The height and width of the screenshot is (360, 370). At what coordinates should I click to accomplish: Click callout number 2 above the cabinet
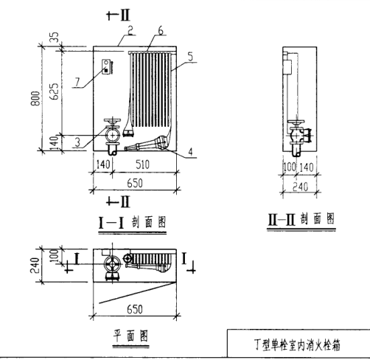click(x=130, y=30)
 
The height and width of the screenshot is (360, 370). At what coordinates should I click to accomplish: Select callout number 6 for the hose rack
click(x=161, y=30)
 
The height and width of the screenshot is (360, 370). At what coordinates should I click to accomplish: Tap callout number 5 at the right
click(x=190, y=57)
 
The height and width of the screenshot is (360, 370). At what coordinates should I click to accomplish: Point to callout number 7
click(x=77, y=82)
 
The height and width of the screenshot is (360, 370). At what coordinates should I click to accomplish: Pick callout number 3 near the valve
click(x=77, y=142)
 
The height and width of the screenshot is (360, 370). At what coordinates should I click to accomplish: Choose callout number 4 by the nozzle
click(x=190, y=152)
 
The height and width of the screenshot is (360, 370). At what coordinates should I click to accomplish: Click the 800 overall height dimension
click(x=35, y=98)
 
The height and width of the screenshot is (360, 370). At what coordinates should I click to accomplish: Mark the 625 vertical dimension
click(x=55, y=91)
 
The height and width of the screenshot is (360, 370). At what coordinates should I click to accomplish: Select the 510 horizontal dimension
click(x=142, y=165)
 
